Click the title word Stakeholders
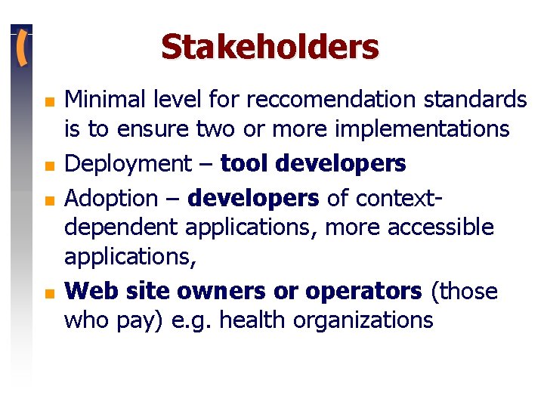tap(270, 47)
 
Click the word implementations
tap(420, 129)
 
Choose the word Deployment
tap(128, 163)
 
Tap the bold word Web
tap(87, 291)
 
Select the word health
tap(258, 320)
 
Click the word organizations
tap(363, 320)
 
